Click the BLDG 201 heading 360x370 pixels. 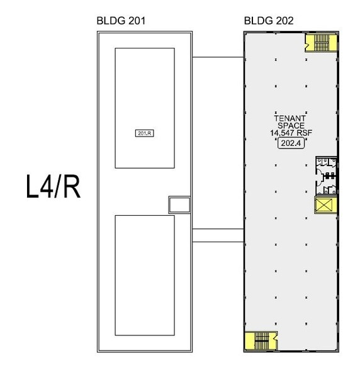click(121, 21)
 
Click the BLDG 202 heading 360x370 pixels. click(269, 21)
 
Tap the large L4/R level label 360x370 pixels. click(53, 186)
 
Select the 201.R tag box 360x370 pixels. click(145, 133)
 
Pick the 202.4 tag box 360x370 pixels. click(291, 143)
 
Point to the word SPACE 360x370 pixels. click(291, 126)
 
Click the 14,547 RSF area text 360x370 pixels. click(291, 133)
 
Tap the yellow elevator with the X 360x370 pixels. click(325, 205)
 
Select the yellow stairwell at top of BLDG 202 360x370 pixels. click(321, 43)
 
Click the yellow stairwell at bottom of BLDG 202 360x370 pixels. click(261, 340)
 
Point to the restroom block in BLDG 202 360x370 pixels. click(326, 176)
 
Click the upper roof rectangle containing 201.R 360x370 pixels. click(145, 108)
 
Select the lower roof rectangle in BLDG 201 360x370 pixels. click(145, 275)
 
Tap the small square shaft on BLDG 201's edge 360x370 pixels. click(179, 205)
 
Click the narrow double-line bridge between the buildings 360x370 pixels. click(218, 235)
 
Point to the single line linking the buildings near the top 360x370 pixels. click(218, 57)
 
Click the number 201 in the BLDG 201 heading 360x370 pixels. click(137, 21)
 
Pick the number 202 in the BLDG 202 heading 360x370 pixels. click(285, 21)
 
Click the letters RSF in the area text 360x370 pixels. click(305, 133)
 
